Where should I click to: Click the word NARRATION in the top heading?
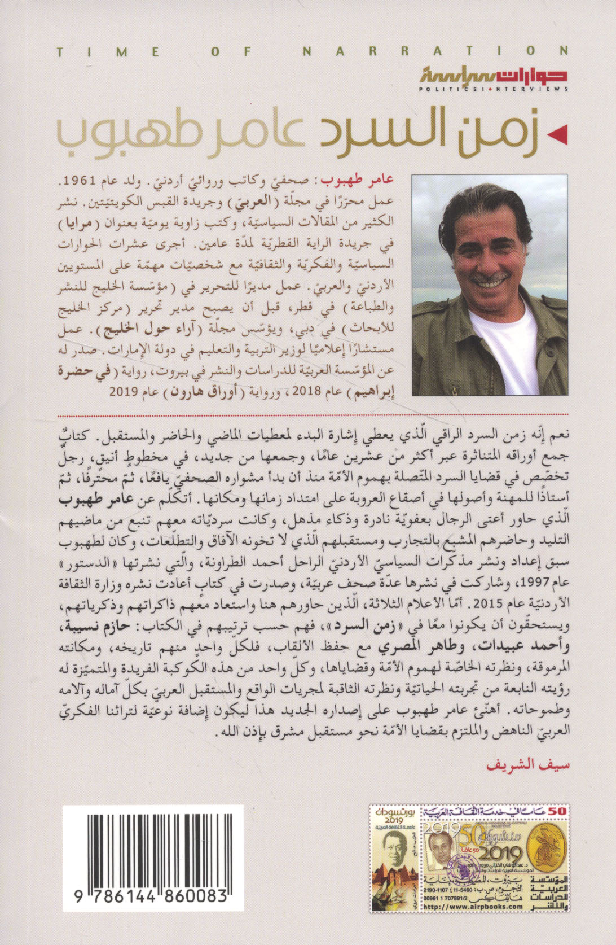coord(435,51)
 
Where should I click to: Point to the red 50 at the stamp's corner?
coord(561,811)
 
